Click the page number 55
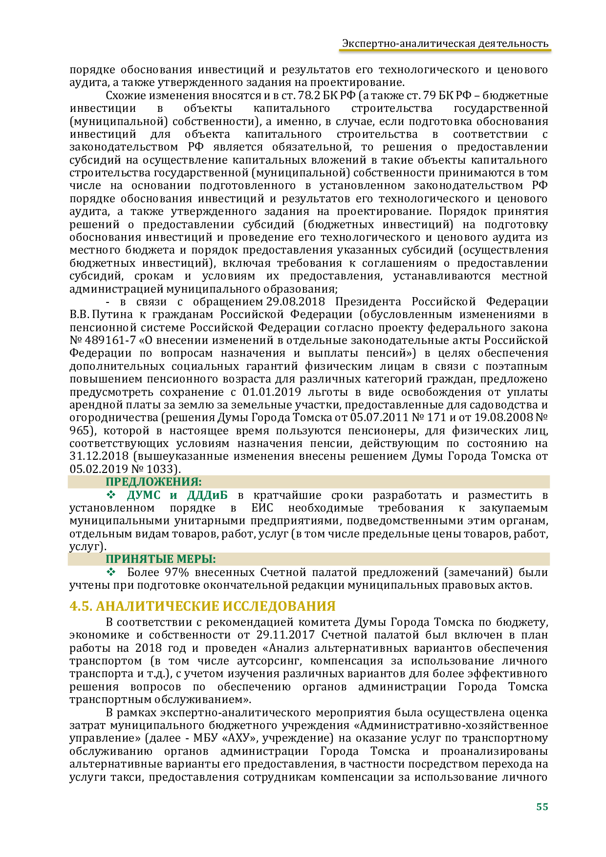tap(542, 807)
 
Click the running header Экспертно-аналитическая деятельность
tap(445, 43)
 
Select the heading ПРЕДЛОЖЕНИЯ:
tap(154, 482)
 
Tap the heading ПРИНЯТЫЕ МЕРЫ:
tap(161, 559)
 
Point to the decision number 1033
tap(160, 469)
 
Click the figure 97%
tap(176, 572)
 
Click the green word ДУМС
tap(144, 495)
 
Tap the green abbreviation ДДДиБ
tap(207, 495)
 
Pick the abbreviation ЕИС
tap(262, 508)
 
